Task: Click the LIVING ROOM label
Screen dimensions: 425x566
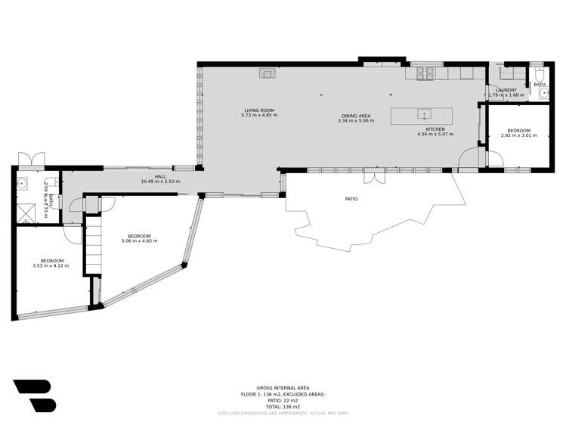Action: click(x=259, y=110)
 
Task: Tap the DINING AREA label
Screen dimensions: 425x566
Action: click(x=355, y=116)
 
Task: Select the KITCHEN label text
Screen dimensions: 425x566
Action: click(x=435, y=129)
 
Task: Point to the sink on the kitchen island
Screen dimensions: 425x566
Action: click(x=425, y=115)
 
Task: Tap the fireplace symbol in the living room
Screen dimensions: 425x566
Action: click(x=268, y=73)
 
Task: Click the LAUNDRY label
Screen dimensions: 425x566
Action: click(x=506, y=90)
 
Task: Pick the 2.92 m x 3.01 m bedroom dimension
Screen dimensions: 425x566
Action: click(x=518, y=136)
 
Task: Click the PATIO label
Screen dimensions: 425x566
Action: click(x=351, y=199)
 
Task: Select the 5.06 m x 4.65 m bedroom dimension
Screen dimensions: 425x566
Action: click(x=139, y=240)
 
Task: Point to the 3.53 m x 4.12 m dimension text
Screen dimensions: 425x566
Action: click(x=51, y=265)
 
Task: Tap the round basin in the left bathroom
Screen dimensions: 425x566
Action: click(x=23, y=182)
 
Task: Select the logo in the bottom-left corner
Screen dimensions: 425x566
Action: click(x=34, y=396)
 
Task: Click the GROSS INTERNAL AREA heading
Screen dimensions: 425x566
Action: click(x=283, y=388)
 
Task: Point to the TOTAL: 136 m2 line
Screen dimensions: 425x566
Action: click(x=283, y=406)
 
